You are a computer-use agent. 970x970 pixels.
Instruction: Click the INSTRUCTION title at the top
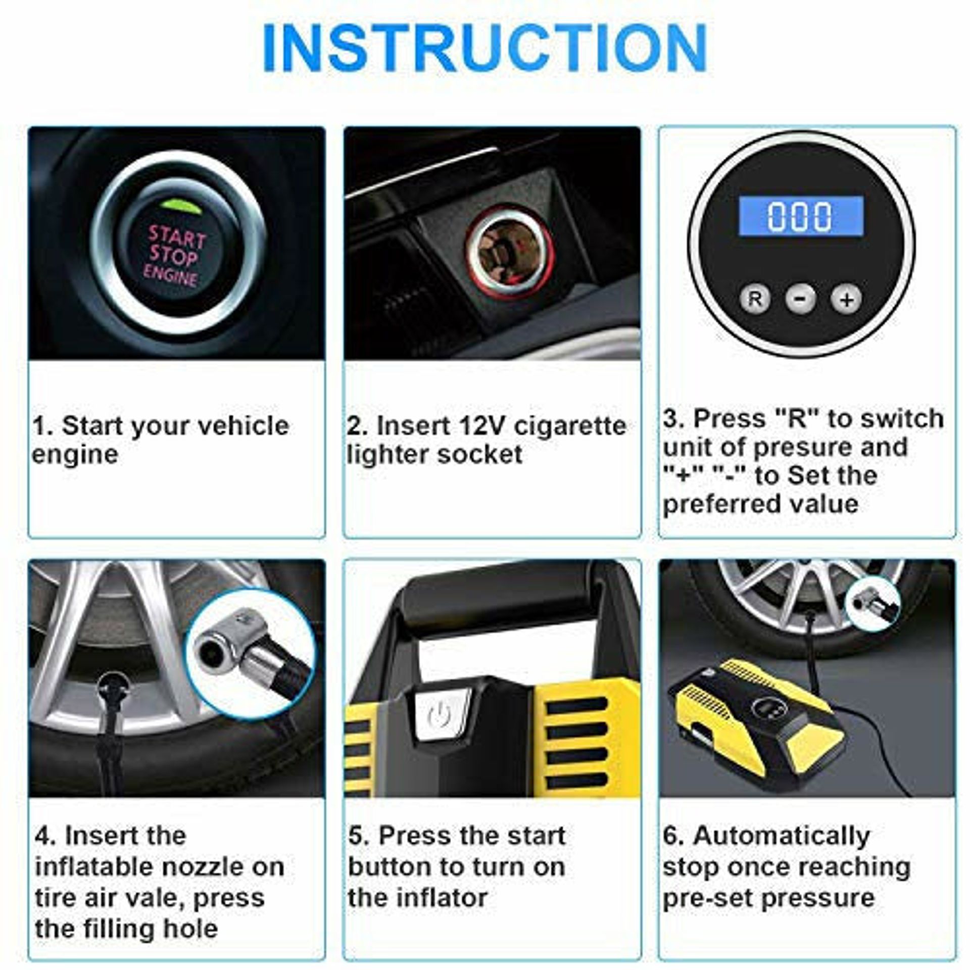coord(485,49)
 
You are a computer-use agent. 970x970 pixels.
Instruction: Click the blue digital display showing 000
coord(801,215)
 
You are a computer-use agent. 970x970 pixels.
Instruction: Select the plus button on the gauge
coord(847,299)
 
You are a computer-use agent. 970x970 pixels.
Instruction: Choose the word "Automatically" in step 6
coord(782,836)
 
